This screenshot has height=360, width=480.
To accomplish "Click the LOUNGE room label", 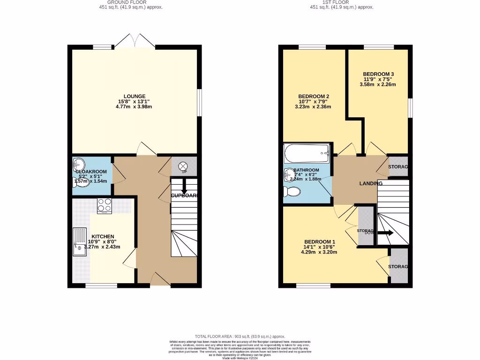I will click(134, 97).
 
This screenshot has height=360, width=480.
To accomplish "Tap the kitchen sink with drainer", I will click(79, 242).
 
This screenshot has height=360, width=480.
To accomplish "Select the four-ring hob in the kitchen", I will click(104, 205).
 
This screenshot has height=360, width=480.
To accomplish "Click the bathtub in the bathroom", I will click(307, 153).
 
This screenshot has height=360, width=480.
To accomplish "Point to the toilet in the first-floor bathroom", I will click(292, 192).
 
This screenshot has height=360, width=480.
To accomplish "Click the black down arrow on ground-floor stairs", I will click(183, 188).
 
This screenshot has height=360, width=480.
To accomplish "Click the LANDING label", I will click(371, 183).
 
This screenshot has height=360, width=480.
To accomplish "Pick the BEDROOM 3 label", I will click(378, 74).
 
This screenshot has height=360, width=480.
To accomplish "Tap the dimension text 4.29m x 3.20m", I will click(319, 252).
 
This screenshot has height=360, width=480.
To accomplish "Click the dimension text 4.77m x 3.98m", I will click(134, 107).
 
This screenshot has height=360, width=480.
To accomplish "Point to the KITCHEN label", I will click(103, 236).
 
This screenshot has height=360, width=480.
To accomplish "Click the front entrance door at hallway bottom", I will click(160, 280).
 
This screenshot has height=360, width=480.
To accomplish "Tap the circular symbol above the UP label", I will click(183, 165).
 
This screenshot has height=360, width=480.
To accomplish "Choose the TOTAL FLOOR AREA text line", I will click(240, 337).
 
